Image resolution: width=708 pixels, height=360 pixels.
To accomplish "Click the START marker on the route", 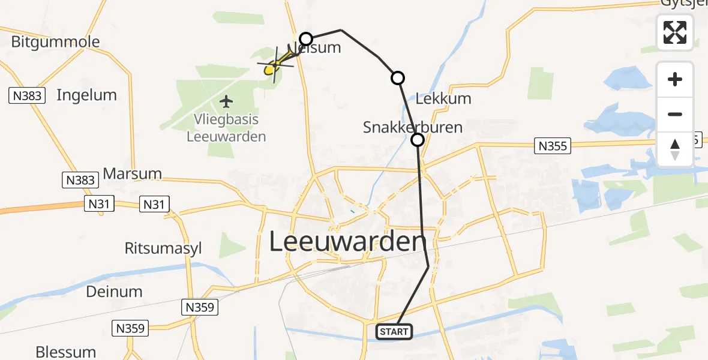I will tap(394, 331).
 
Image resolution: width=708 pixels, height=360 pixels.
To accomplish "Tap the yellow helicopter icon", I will tap(273, 65).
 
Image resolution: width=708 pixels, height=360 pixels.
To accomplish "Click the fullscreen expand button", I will tap(675, 32).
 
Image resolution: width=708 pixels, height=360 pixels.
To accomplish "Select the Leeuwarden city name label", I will tap(347, 242).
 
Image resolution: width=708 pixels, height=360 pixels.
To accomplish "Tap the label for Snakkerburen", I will tap(413, 127).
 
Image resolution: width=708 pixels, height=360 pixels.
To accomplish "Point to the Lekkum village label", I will tap(443, 99).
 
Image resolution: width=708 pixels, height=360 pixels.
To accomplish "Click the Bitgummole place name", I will tap(56, 42).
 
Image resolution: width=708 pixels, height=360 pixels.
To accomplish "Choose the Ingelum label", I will tap(86, 95).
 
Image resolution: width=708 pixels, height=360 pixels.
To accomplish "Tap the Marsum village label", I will tap(133, 174).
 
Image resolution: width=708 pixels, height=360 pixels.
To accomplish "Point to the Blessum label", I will tap(66, 352).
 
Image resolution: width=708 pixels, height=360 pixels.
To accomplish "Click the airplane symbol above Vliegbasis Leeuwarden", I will tap(226, 101).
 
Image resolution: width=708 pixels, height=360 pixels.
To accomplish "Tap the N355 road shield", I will tap(553, 146).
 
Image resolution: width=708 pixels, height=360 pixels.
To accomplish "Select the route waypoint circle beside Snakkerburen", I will tap(417, 140).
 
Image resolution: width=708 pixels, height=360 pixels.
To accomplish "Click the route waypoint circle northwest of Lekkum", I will tap(397, 77).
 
